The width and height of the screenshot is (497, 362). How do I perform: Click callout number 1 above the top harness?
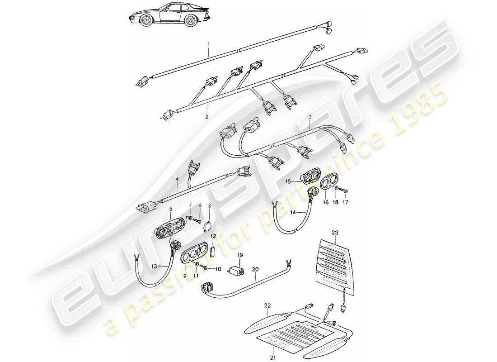click(209, 44)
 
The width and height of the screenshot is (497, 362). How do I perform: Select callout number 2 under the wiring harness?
click(207, 116)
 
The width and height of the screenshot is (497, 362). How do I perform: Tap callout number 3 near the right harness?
click(310, 117)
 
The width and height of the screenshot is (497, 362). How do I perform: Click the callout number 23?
click(335, 233)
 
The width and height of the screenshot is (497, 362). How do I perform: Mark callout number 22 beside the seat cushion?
click(267, 305)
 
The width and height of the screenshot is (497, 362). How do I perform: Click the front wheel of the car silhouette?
click(147, 20)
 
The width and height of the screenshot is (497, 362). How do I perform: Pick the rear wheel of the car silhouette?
click(191, 20)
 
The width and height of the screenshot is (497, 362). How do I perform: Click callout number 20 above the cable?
click(255, 269)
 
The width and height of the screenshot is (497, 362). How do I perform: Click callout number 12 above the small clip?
click(213, 236)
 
